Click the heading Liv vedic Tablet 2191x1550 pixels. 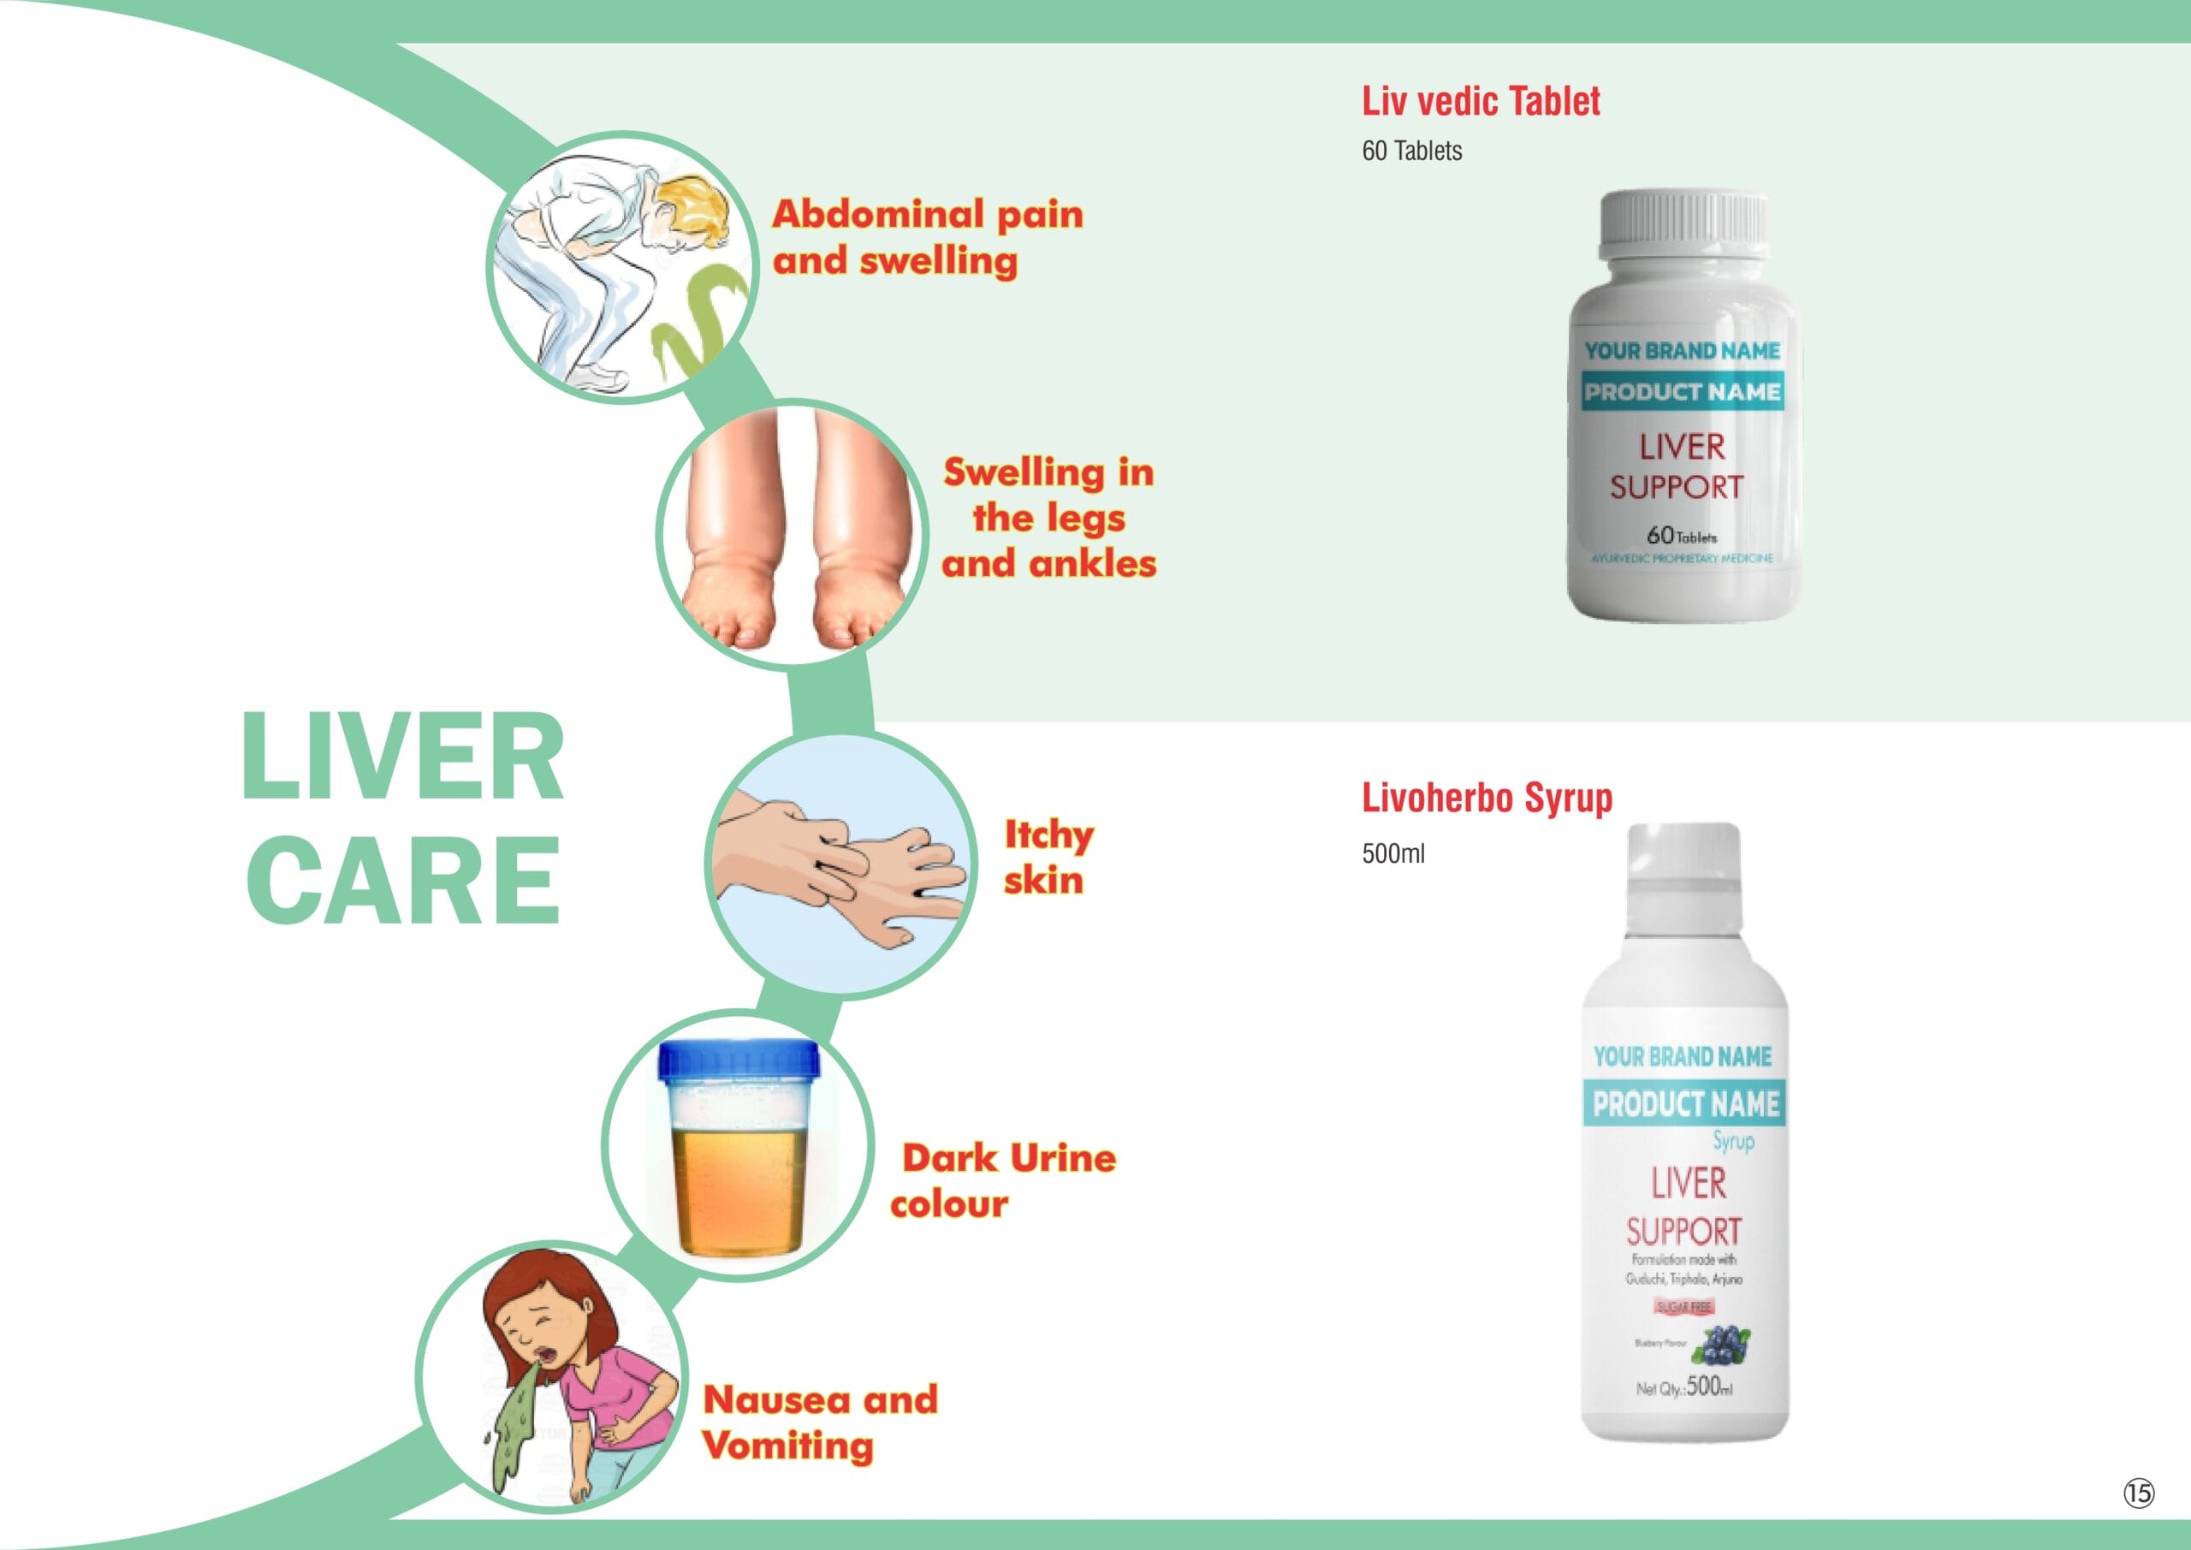tap(1480, 101)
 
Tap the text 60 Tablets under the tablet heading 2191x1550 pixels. tap(1411, 151)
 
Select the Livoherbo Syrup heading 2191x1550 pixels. tap(1486, 798)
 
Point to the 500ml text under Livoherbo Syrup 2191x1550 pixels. tap(1392, 853)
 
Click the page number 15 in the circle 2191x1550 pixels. tap(2139, 1493)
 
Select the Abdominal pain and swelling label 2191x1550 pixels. tap(927, 237)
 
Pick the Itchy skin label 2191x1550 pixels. tap(1047, 857)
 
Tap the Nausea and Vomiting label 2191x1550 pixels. tap(820, 1422)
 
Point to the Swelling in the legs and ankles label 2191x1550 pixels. tap(1048, 517)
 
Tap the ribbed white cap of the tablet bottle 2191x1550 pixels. tap(1683, 222)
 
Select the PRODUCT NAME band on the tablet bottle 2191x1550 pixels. tap(1682, 391)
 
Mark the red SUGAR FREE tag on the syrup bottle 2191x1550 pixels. tap(1684, 1307)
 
